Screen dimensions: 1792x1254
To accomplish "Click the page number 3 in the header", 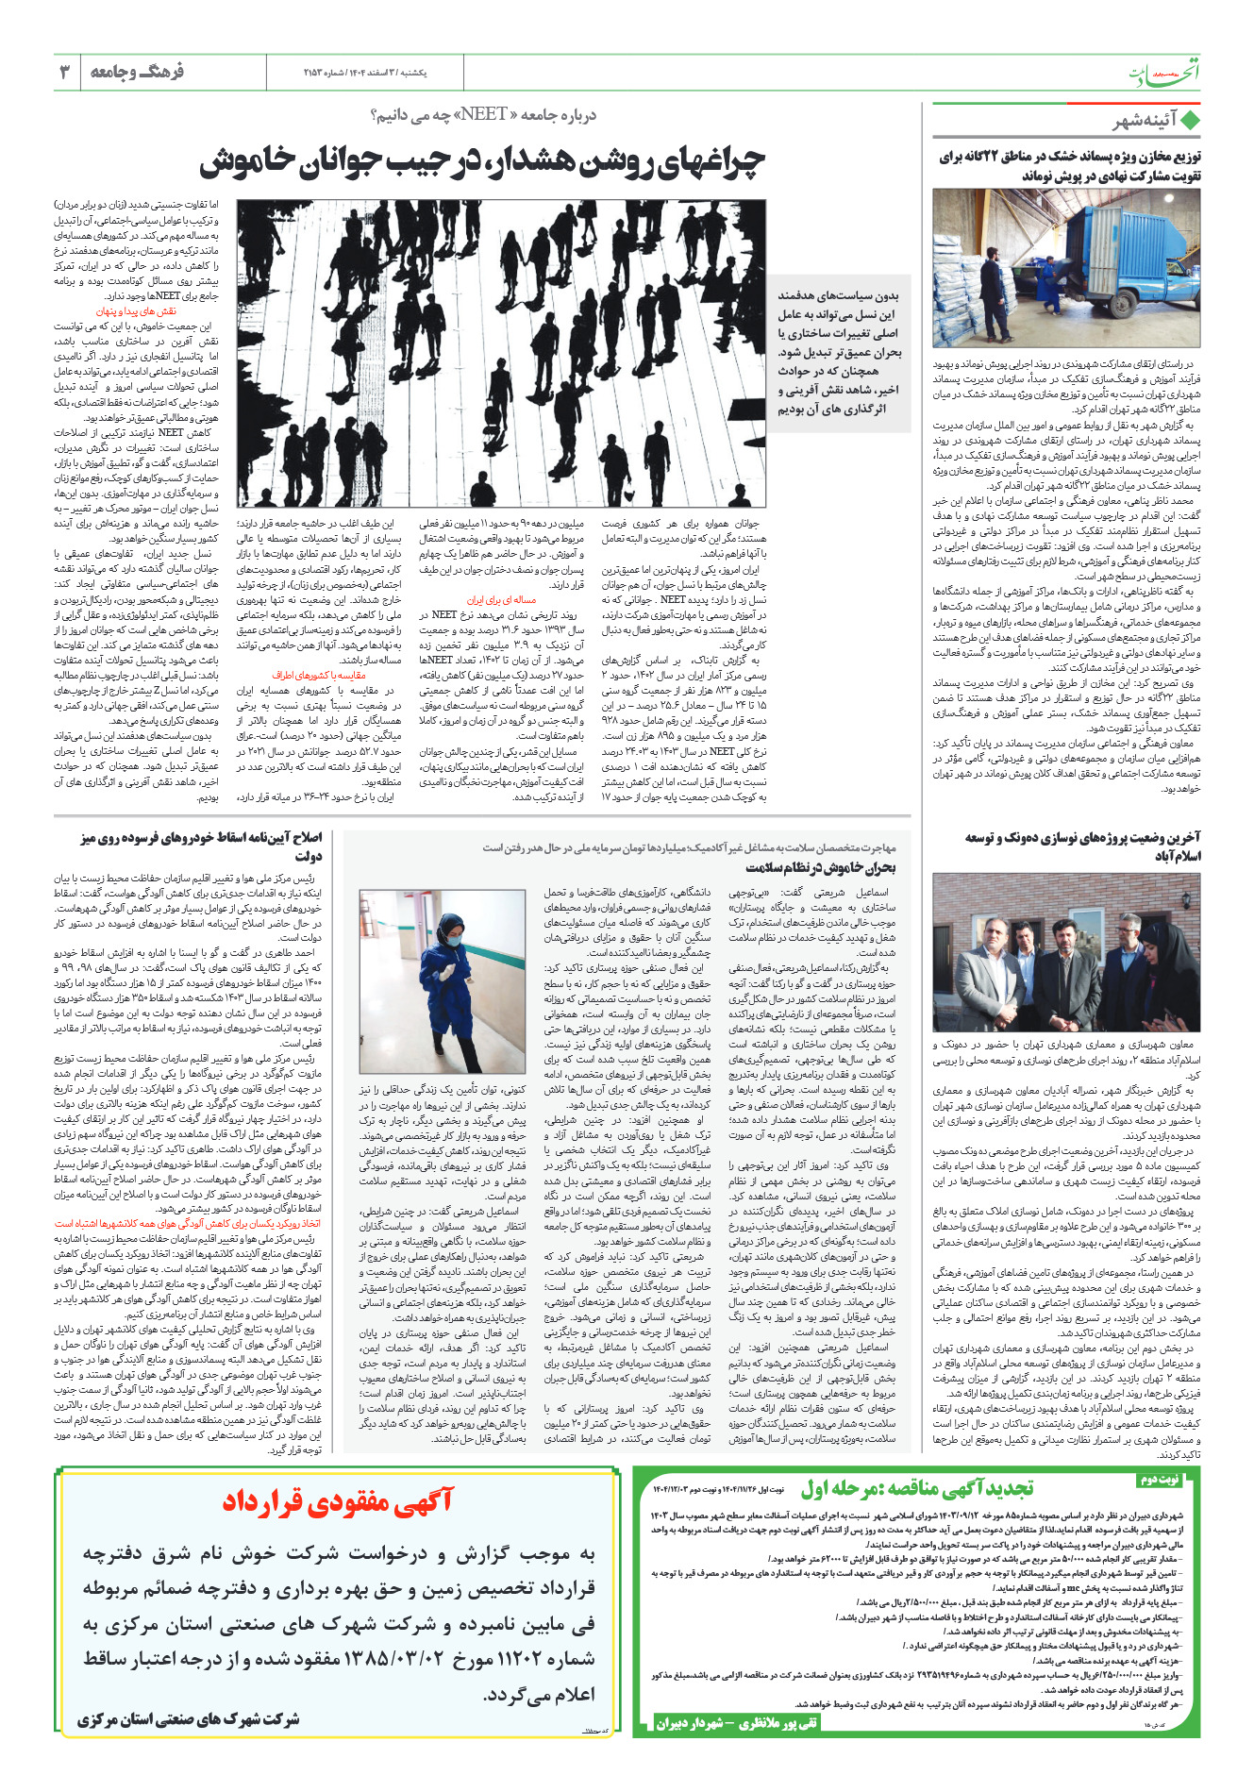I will point(64,72).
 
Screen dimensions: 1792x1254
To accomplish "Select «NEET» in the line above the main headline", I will point(483,115).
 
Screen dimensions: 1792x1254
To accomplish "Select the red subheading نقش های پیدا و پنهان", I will point(136,310).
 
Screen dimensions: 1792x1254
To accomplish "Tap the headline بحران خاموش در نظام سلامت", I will point(820,867).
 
